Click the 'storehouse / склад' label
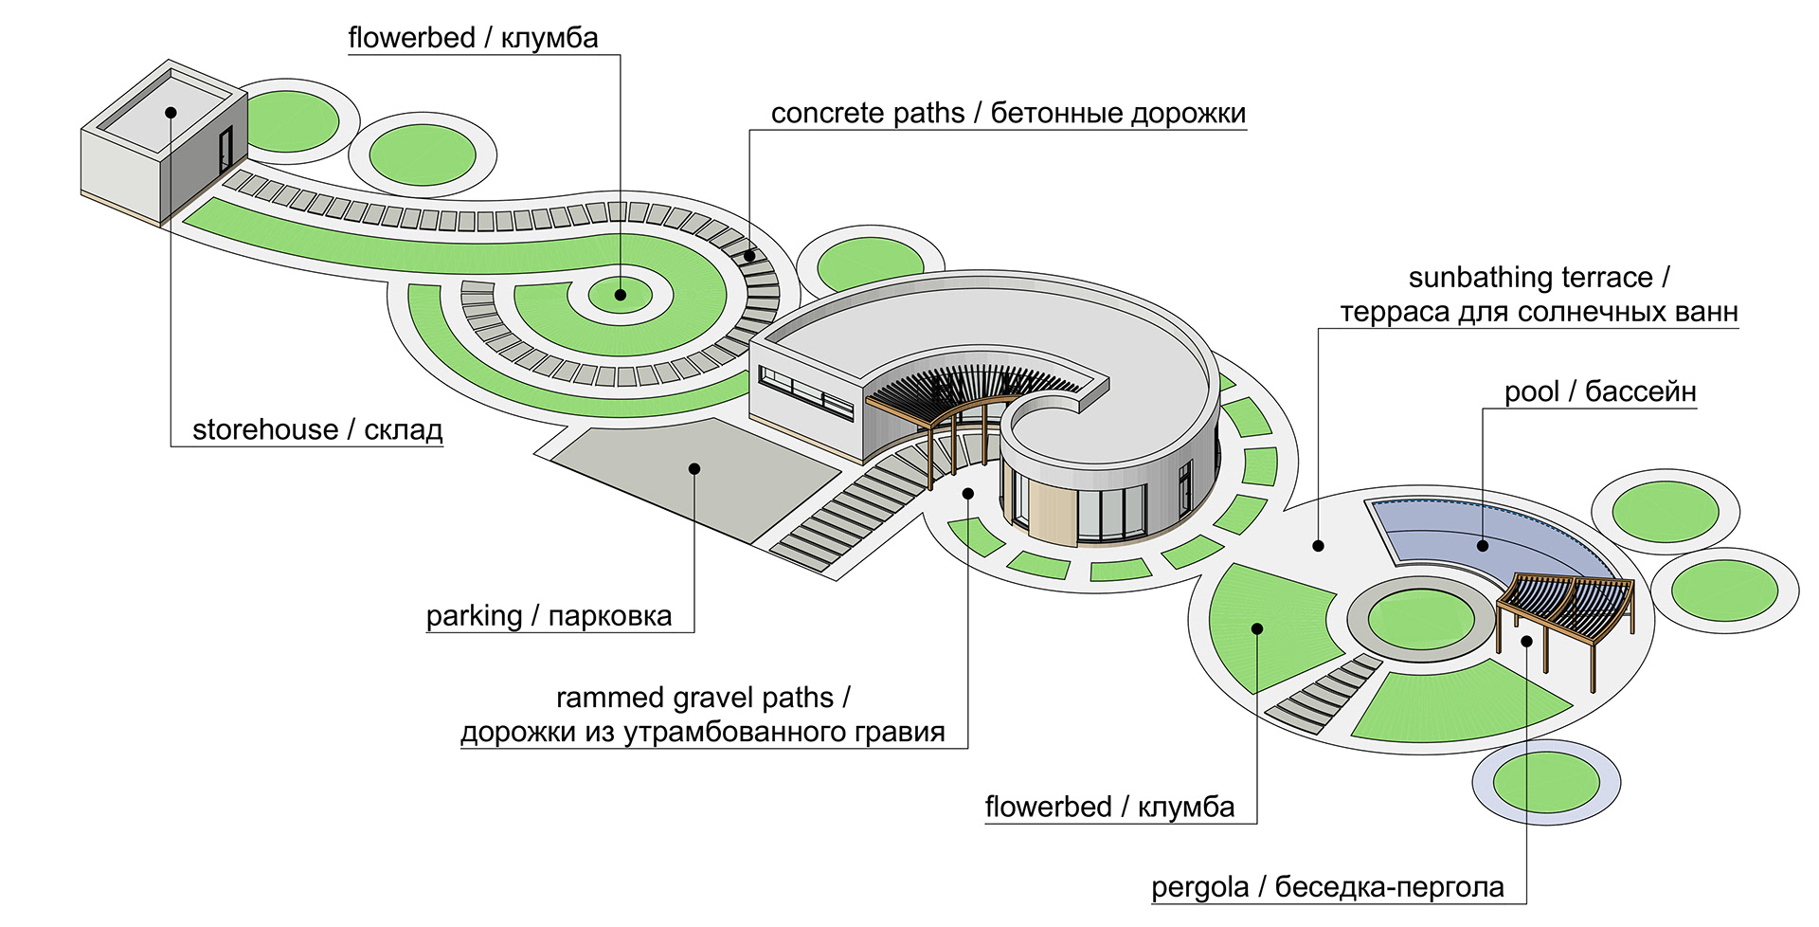317,430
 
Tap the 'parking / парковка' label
549,616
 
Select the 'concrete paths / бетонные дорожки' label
1008,114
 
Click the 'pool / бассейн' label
1599,391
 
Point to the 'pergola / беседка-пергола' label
1327,887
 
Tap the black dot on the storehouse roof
171,112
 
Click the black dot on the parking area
694,468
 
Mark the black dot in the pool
1483,545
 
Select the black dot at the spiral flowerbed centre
621,295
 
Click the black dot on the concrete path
749,254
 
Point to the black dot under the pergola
1527,642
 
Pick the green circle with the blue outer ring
1546,783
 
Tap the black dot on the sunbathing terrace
1318,546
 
